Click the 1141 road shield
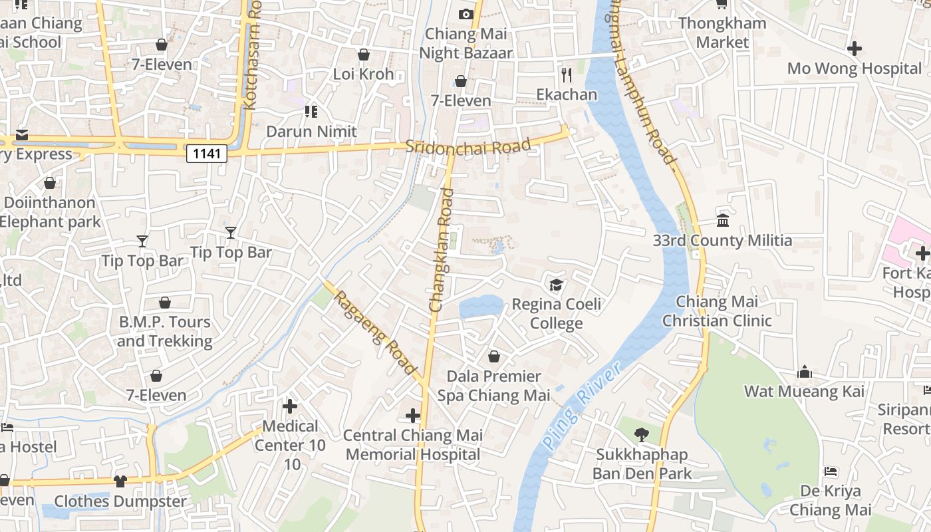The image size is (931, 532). click(207, 154)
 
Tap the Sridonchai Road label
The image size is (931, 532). click(468, 146)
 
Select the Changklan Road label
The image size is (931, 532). click(442, 250)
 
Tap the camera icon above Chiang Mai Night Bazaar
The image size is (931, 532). click(465, 14)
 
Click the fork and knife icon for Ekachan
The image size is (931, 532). click(567, 74)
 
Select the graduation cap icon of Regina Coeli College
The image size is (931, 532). click(556, 285)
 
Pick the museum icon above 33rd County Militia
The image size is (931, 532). click(723, 220)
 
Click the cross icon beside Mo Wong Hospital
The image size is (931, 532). click(855, 49)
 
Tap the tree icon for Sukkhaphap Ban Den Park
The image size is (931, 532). click(642, 435)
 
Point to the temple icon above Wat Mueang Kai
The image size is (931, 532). click(805, 371)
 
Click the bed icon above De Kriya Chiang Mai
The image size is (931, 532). click(831, 471)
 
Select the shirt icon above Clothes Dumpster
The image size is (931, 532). click(120, 481)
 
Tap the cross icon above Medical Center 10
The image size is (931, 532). click(290, 406)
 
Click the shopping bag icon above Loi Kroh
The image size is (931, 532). click(363, 55)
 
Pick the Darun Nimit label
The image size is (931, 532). click(311, 131)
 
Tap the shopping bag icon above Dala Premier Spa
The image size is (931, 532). click(493, 356)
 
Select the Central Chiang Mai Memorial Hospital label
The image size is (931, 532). click(413, 445)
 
